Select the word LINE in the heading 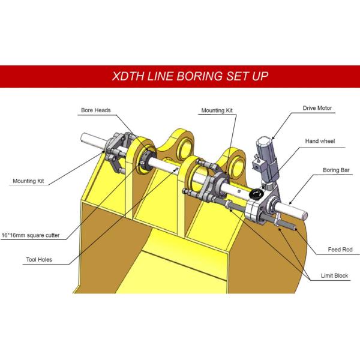tap(158, 77)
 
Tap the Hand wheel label tap(320, 141)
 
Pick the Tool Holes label tap(33, 261)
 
